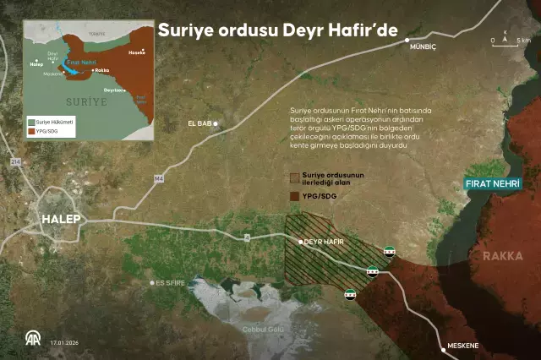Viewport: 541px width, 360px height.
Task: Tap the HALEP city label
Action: [57, 220]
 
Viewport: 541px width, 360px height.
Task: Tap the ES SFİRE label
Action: [167, 283]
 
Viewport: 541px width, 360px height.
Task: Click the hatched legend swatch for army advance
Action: [294, 178]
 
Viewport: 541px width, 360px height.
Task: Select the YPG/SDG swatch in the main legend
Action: [294, 195]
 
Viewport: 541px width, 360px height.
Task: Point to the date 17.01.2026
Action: [64, 344]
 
